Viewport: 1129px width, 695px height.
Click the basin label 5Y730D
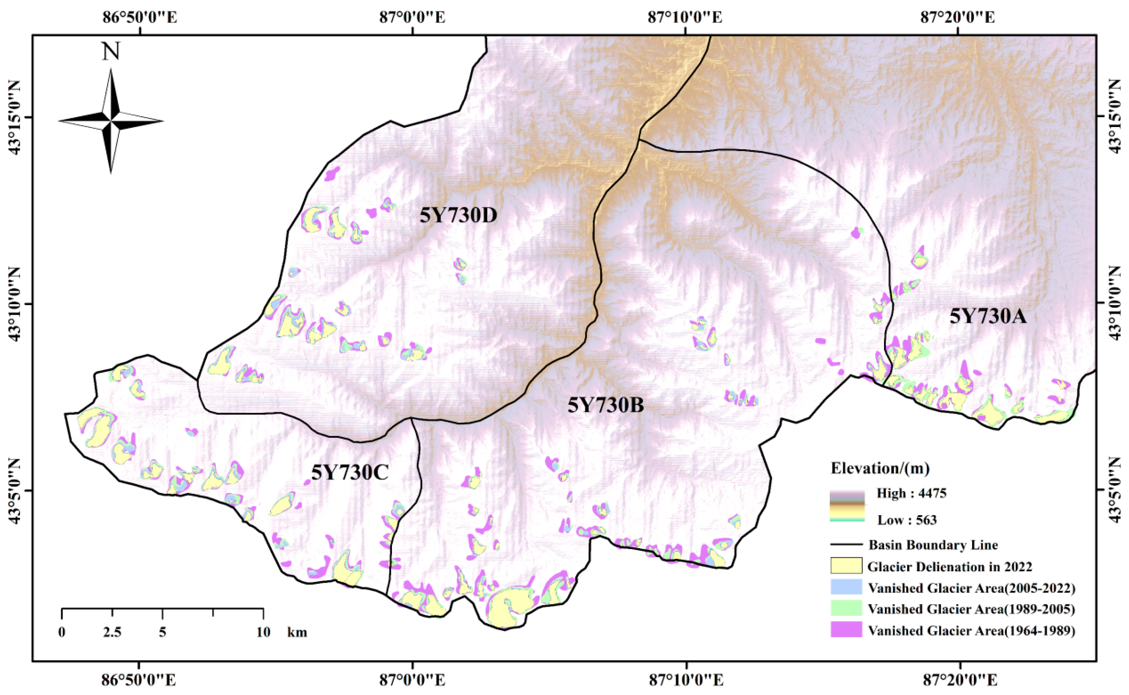click(458, 215)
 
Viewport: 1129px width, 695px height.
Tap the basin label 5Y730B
click(605, 405)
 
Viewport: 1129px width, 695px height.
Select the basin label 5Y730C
click(350, 472)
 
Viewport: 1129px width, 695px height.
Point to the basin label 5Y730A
click(987, 316)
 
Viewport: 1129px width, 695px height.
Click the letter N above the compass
click(111, 52)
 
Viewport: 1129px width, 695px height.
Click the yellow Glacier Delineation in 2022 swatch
click(846, 566)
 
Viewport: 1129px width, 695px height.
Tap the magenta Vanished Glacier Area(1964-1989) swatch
click(846, 630)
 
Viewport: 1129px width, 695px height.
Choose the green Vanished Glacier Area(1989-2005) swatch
click(846, 608)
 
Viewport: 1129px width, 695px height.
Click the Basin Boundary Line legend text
click(933, 545)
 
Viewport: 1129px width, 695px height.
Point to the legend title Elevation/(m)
click(880, 468)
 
